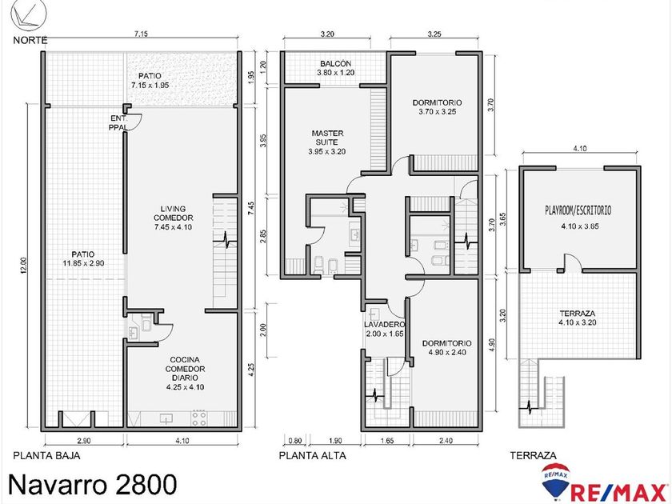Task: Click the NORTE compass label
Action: pos(30,40)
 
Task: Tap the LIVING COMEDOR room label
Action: pos(173,218)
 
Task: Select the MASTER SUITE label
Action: pos(327,142)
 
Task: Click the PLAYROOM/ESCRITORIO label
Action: pos(578,210)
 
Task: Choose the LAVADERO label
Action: pos(384,325)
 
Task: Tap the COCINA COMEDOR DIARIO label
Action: pos(185,374)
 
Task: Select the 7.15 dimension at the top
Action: pos(141,34)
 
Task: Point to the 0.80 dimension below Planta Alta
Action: pos(295,440)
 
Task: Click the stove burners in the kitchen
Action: pos(198,418)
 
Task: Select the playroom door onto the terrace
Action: pos(572,262)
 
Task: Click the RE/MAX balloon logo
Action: pos(555,482)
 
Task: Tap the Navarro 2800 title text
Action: pos(92,484)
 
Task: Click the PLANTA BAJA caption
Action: pos(46,455)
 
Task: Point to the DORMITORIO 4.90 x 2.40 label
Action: pos(446,347)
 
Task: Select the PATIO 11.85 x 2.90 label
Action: pos(83,258)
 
